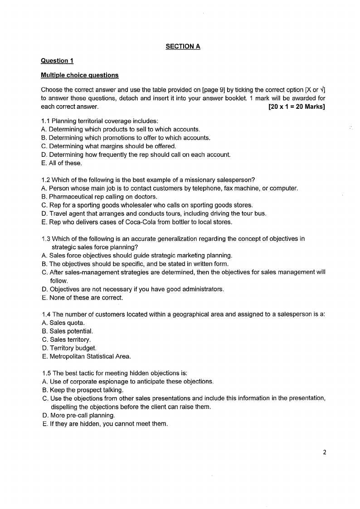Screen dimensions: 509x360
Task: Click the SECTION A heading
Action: click(x=183, y=46)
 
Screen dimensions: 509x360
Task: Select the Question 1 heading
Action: click(x=57, y=61)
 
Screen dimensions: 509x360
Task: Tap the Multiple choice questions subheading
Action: click(x=79, y=75)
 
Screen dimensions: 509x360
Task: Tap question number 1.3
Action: click(x=46, y=238)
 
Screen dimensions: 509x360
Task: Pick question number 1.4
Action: click(x=46, y=315)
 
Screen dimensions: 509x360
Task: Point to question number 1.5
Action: click(x=46, y=373)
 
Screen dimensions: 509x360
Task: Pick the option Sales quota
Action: click(x=63, y=323)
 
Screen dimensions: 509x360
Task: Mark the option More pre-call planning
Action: click(x=78, y=415)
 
